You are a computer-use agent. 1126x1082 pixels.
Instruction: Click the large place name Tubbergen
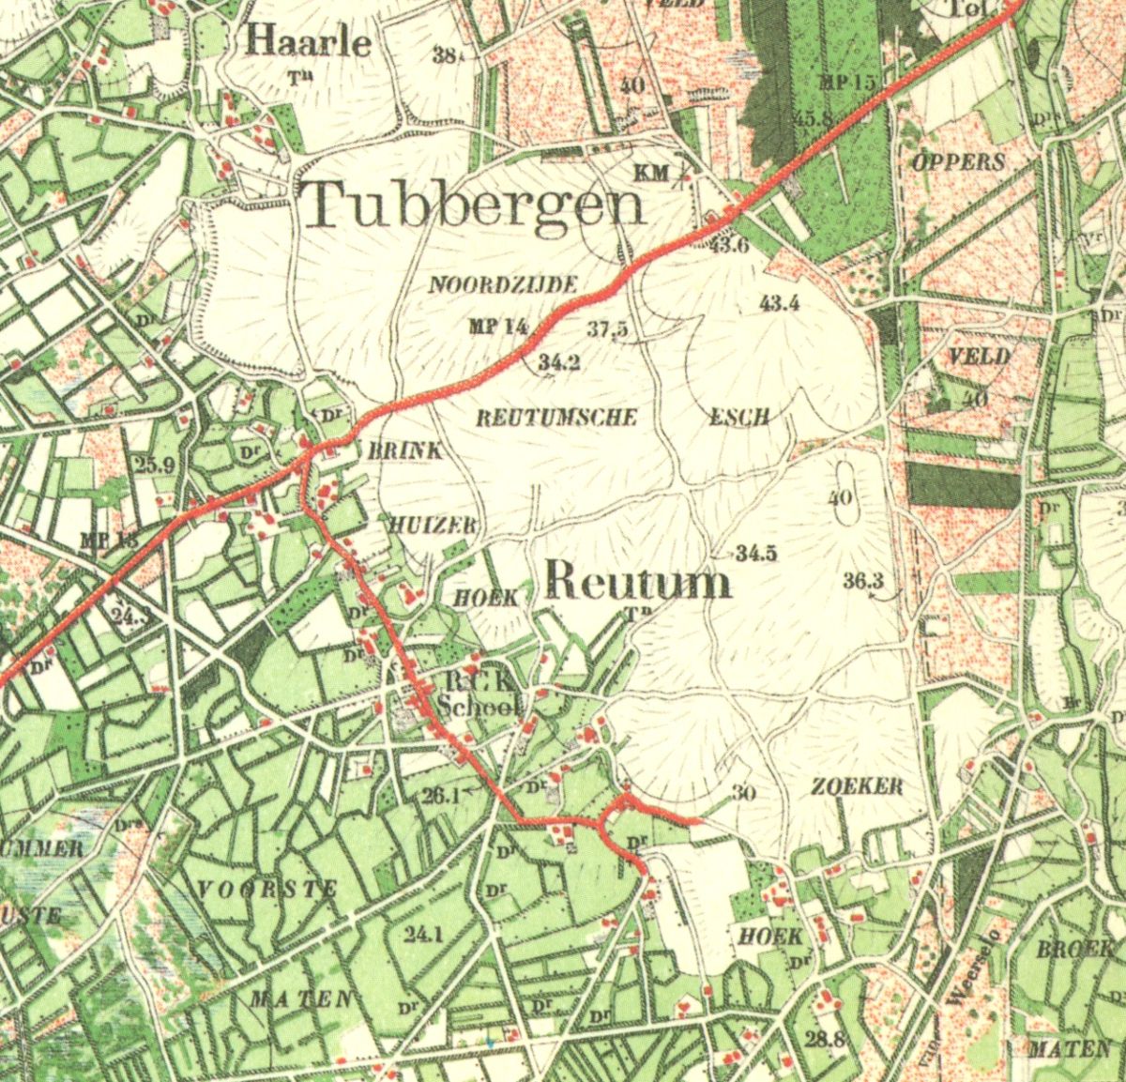point(477,205)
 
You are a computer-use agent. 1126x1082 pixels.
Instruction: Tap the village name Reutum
point(637,581)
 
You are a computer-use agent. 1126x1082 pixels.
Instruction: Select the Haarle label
point(309,42)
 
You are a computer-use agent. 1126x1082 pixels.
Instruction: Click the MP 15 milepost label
point(846,83)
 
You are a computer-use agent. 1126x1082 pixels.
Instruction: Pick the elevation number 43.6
point(730,246)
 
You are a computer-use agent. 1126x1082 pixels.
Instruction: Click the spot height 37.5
point(608,329)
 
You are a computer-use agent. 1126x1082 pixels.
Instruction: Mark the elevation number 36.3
point(863,581)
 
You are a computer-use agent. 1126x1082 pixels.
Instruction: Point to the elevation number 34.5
point(756,554)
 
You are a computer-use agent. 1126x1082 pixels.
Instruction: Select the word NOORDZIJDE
point(503,285)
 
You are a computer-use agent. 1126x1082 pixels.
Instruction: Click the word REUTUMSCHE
point(556,418)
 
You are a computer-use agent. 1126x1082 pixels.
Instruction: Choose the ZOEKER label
point(857,786)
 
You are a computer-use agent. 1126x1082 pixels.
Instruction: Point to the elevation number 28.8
point(826,1038)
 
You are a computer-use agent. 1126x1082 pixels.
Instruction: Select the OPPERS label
point(958,161)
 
